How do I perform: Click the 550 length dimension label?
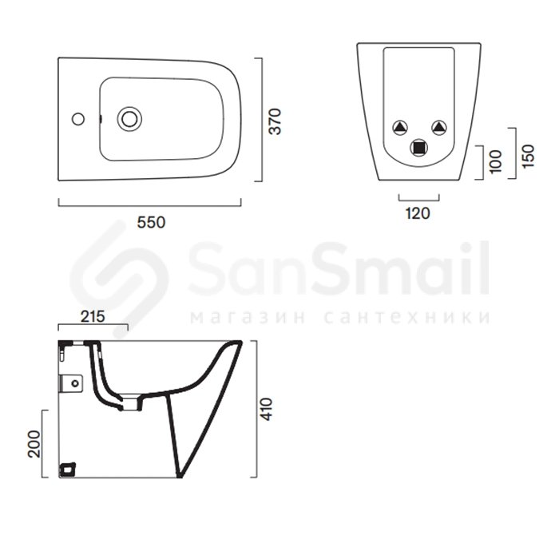tap(151, 223)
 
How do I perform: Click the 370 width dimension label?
tap(276, 121)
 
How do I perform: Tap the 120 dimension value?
tap(418, 213)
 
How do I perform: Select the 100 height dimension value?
tap(496, 162)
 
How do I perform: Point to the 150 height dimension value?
tap(528, 157)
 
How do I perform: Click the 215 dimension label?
tap(93, 316)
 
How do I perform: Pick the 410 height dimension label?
tap(266, 409)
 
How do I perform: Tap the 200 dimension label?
tap(34, 444)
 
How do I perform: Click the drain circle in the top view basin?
tap(129, 119)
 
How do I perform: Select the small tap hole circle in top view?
tap(78, 119)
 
